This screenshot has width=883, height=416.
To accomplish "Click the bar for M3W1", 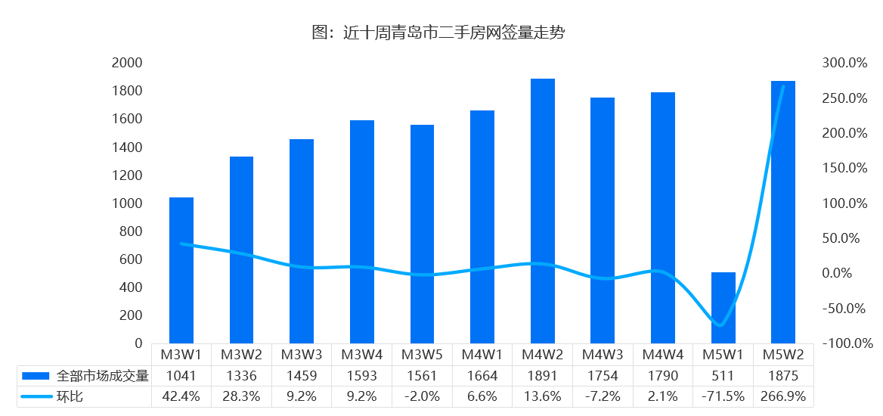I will point(181,270).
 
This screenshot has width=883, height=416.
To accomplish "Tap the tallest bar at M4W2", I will point(543,211).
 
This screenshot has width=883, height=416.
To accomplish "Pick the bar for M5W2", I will point(783,212).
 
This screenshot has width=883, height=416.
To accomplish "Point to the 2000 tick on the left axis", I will point(127,63).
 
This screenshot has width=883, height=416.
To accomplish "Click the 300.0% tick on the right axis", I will point(844,63).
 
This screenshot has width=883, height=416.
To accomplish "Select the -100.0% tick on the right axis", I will point(844,343).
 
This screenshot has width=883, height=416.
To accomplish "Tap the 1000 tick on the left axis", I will point(127,203).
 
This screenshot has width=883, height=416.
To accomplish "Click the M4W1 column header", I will point(482,354).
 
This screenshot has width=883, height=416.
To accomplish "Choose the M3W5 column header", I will point(423,354).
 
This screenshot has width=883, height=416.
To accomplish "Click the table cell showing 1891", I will point(543,375).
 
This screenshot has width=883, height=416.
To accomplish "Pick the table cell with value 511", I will point(723,375).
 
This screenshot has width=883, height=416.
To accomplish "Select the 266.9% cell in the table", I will point(783,396).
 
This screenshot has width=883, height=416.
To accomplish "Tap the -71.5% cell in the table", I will point(723,396).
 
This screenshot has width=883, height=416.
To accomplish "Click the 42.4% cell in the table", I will point(181,396).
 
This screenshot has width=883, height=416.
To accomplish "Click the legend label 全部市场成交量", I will point(103,375).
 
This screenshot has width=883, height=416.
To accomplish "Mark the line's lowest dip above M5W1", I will point(720,325).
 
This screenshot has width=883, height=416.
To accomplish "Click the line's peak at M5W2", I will point(783,86).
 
